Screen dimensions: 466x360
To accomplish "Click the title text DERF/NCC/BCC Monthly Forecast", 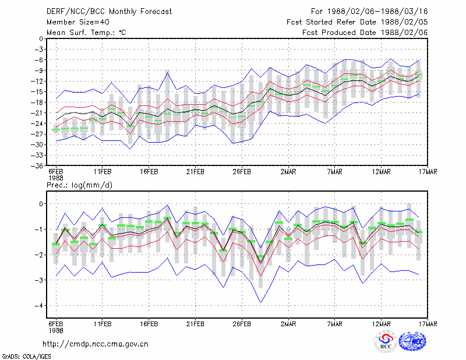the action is pyautogui.click(x=109, y=12).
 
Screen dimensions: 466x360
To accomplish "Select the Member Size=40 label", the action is pyautogui.click(x=78, y=22).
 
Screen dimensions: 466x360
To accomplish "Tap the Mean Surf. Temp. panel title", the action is pyautogui.click(x=86, y=33).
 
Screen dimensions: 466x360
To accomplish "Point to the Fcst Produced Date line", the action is pyautogui.click(x=365, y=33).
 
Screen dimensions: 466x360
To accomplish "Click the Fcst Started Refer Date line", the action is pyautogui.click(x=357, y=22).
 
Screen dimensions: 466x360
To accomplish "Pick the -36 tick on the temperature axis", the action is pyautogui.click(x=37, y=166).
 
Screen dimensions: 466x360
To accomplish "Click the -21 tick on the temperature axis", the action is pyautogui.click(x=37, y=113).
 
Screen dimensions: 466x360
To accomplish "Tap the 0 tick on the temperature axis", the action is pyautogui.click(x=41, y=38).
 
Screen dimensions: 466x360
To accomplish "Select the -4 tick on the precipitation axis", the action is pyautogui.click(x=39, y=306).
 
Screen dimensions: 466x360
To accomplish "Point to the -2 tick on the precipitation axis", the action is pyautogui.click(x=39, y=255).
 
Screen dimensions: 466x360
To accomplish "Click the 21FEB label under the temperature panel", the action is pyautogui.click(x=195, y=172).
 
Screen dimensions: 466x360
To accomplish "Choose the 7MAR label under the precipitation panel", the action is pyautogui.click(x=334, y=324).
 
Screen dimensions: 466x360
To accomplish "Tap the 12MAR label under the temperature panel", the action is pyautogui.click(x=382, y=172).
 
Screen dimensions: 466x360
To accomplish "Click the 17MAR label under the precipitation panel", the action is pyautogui.click(x=428, y=324).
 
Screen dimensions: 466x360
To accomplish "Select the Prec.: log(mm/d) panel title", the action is pyautogui.click(x=79, y=185).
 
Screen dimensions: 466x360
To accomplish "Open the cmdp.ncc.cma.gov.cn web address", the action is pyautogui.click(x=96, y=344).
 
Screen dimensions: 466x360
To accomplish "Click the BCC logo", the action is pyautogui.click(x=386, y=341).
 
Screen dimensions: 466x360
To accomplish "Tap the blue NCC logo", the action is pyautogui.click(x=412, y=341).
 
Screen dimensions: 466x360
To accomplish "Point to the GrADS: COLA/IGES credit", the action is pyautogui.click(x=26, y=357).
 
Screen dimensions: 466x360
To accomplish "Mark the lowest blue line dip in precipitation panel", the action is pyautogui.click(x=260, y=303).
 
